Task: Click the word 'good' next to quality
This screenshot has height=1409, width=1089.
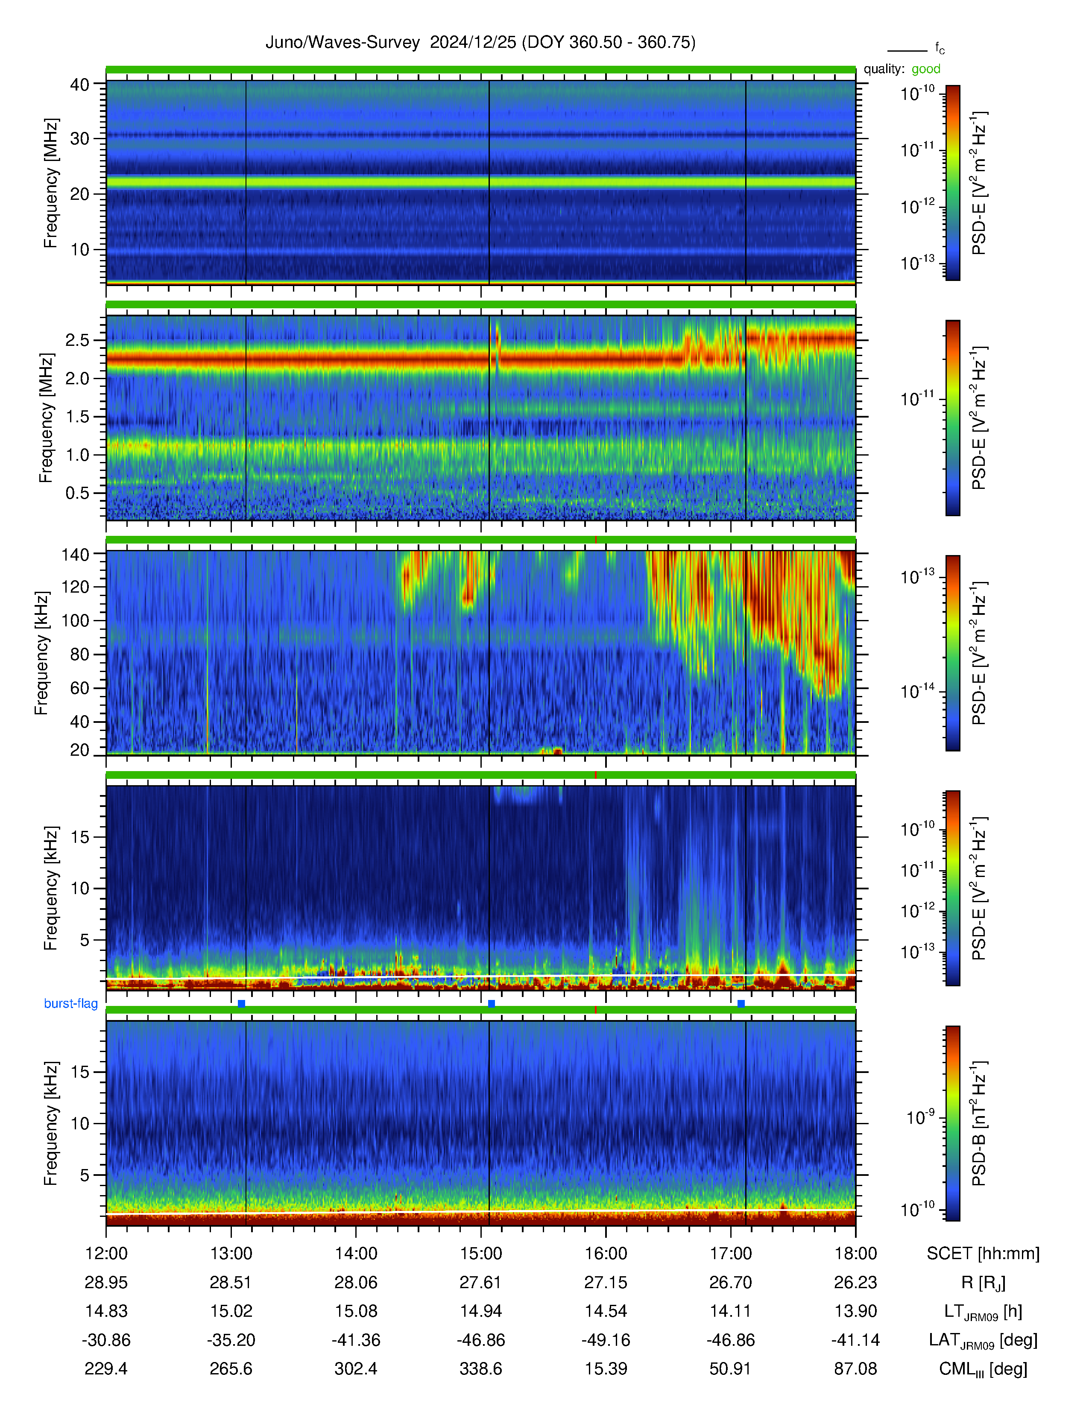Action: coord(926,69)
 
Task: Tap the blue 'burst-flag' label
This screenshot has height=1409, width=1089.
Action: coord(71,1003)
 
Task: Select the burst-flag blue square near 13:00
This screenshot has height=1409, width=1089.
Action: coord(241,1003)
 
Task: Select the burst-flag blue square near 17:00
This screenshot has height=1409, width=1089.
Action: coord(741,1003)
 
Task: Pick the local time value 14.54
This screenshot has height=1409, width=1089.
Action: coord(606,1311)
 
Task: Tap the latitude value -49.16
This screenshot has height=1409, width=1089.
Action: coord(606,1340)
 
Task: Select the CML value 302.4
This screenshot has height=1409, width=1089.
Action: coord(356,1368)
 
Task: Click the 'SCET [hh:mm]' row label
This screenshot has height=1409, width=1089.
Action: coord(983,1254)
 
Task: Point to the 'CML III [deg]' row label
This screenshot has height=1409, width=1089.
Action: coord(983,1369)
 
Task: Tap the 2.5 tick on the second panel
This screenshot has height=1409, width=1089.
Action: coord(77,340)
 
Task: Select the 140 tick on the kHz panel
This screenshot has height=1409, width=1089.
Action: coord(75,554)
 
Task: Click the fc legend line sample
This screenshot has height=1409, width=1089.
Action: coord(907,50)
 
